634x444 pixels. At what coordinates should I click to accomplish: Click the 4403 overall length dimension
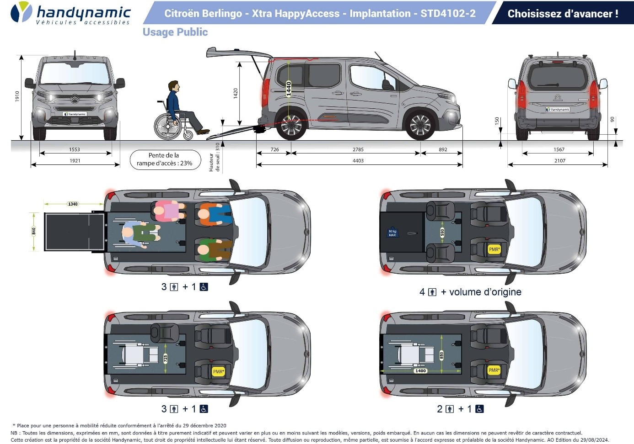click(358, 161)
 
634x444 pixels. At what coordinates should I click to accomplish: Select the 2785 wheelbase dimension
click(358, 149)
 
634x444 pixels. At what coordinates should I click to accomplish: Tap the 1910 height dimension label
click(17, 96)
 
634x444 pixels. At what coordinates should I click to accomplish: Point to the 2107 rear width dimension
click(559, 161)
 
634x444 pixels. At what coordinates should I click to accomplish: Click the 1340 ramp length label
click(73, 204)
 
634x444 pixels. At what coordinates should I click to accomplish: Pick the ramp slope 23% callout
click(165, 159)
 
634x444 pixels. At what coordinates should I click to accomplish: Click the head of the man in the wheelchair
click(173, 86)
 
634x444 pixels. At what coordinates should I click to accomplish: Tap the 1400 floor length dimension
click(420, 371)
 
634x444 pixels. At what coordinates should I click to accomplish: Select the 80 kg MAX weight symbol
click(392, 233)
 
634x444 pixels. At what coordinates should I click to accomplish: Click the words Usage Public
click(175, 32)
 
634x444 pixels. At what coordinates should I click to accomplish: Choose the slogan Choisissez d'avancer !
click(563, 14)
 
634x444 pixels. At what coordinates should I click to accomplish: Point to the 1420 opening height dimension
click(236, 93)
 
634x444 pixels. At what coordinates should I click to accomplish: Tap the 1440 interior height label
click(289, 88)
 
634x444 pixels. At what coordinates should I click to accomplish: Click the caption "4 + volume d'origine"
click(470, 292)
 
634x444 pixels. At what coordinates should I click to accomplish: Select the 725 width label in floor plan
click(166, 359)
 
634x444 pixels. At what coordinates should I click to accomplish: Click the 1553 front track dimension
click(75, 149)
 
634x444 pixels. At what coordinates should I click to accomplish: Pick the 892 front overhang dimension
click(443, 149)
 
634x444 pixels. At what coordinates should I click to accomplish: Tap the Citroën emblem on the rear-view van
click(558, 97)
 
